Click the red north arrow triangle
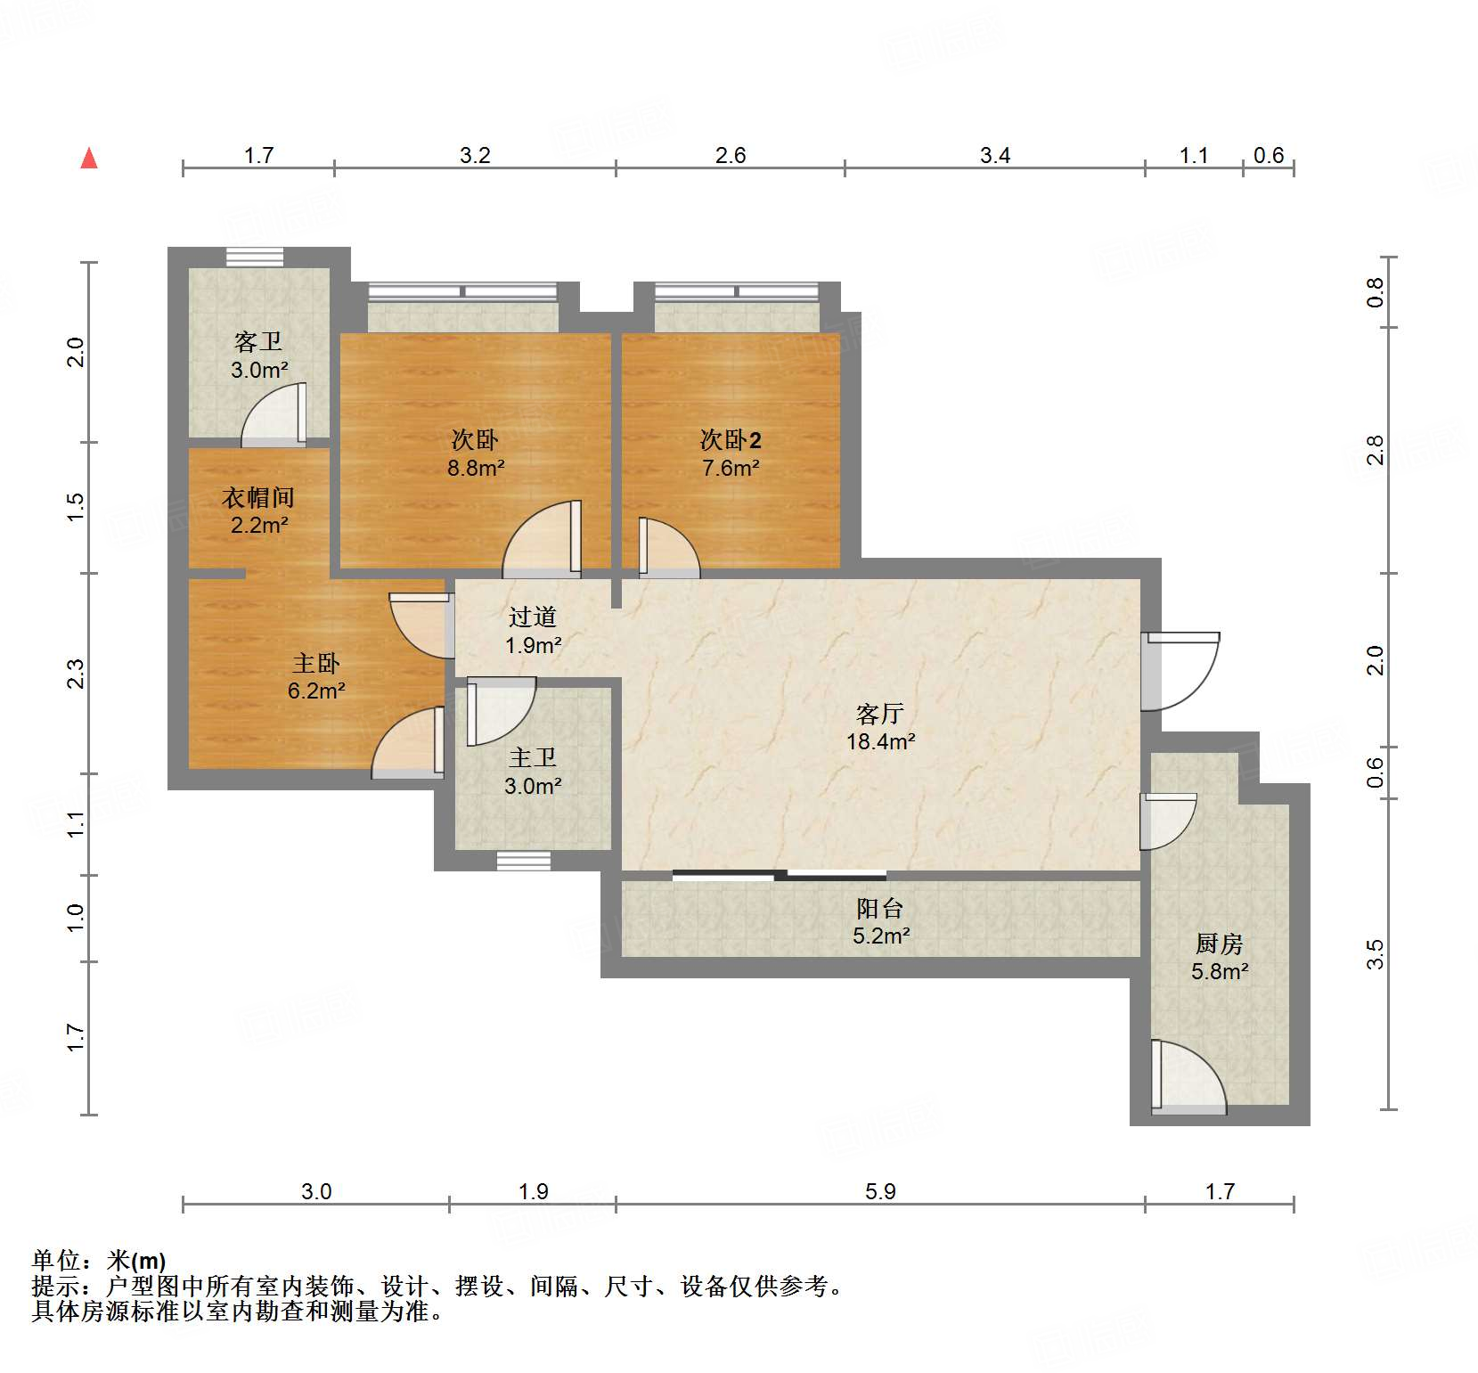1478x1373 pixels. click(89, 159)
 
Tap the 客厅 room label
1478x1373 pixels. click(879, 714)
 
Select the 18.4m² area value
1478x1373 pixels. click(880, 741)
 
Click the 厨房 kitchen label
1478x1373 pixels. click(1219, 944)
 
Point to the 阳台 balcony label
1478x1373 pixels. click(879, 908)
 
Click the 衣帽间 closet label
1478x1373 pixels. click(258, 497)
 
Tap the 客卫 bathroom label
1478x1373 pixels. click(258, 341)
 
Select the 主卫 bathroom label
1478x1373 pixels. click(532, 758)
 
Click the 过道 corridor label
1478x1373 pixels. click(532, 617)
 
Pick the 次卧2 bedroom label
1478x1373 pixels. click(730, 439)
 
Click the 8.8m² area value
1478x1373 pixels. click(476, 468)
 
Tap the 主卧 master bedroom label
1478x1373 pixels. click(316, 663)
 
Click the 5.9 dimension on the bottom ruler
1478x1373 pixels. click(879, 1191)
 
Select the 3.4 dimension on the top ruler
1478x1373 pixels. click(994, 155)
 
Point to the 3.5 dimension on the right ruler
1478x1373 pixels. click(1376, 954)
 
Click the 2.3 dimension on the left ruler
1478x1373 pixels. click(76, 674)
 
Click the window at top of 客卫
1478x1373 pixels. click(254, 257)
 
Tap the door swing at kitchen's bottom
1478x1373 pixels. click(1188, 1077)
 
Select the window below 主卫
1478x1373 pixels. click(523, 860)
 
